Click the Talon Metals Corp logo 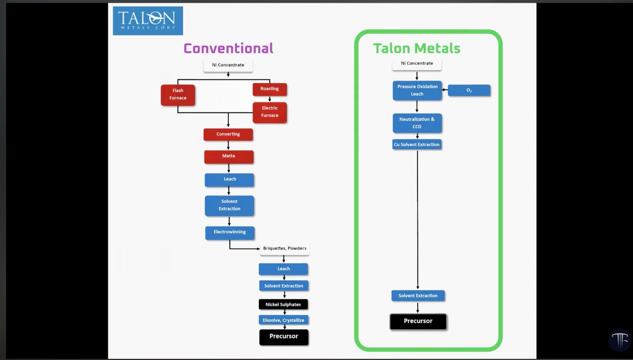point(148,21)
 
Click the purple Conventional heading point(228,49)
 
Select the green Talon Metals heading point(417,49)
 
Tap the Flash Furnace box point(178,95)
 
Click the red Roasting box point(270,89)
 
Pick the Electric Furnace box point(270,112)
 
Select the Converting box point(228,134)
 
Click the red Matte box point(229,156)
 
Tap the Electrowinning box point(230,233)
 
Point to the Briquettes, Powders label point(285,249)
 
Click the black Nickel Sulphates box point(283,304)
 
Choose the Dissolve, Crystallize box point(283,320)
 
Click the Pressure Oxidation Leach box point(417,90)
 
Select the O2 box point(469,90)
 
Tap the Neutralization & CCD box point(417,123)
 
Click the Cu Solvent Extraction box point(417,144)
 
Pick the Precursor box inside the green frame point(418,321)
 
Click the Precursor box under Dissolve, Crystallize point(284,337)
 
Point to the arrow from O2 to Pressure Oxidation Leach point(445,90)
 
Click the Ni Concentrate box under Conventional point(228,66)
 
